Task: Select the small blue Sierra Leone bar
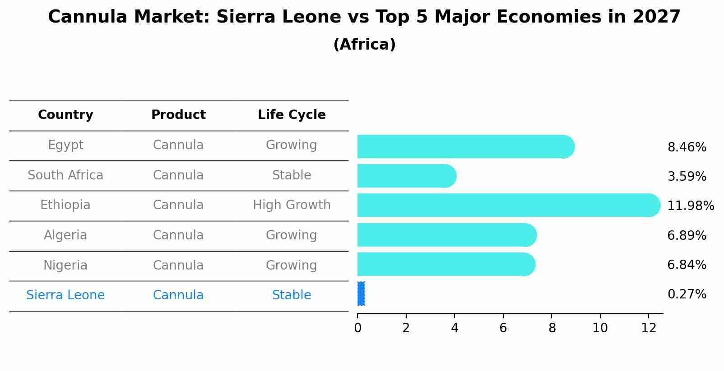(x=361, y=294)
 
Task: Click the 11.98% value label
(x=690, y=206)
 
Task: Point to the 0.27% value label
(x=687, y=294)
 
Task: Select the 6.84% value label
(x=687, y=265)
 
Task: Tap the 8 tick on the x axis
(x=552, y=328)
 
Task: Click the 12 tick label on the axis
(x=648, y=328)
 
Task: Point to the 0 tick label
(x=357, y=328)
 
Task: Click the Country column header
(x=65, y=115)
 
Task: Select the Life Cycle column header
(x=292, y=115)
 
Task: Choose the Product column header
(x=178, y=115)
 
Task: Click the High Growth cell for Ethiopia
(x=292, y=205)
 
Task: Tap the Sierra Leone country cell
(x=65, y=295)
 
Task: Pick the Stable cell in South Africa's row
(x=292, y=175)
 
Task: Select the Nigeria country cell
(x=65, y=266)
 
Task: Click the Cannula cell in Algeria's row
(x=178, y=235)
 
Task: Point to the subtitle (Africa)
(x=364, y=45)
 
